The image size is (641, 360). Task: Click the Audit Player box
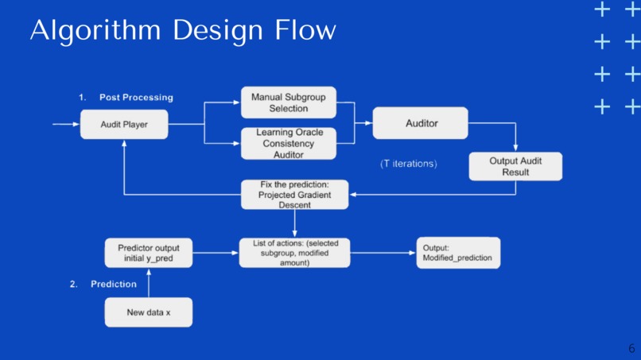[x=124, y=125]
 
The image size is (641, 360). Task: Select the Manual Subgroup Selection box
[x=288, y=103]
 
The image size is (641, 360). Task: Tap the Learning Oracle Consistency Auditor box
[x=288, y=144]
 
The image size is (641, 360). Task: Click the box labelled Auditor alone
[x=421, y=123]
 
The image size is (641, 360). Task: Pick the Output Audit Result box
[x=515, y=166]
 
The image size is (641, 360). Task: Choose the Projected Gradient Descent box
[x=294, y=194]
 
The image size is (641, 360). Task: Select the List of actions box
[x=294, y=252]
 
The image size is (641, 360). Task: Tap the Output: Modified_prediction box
[x=458, y=253]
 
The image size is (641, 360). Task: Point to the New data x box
[x=149, y=312]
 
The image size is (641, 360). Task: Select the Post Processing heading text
[x=136, y=97]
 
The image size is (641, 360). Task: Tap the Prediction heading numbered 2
[x=113, y=284]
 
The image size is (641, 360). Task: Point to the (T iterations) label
[x=409, y=164]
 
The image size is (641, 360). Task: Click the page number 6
[x=631, y=348]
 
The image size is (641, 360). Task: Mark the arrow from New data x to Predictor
[x=149, y=283]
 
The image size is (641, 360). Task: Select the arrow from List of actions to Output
[x=383, y=253]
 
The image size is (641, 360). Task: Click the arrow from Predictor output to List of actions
[x=216, y=253]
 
